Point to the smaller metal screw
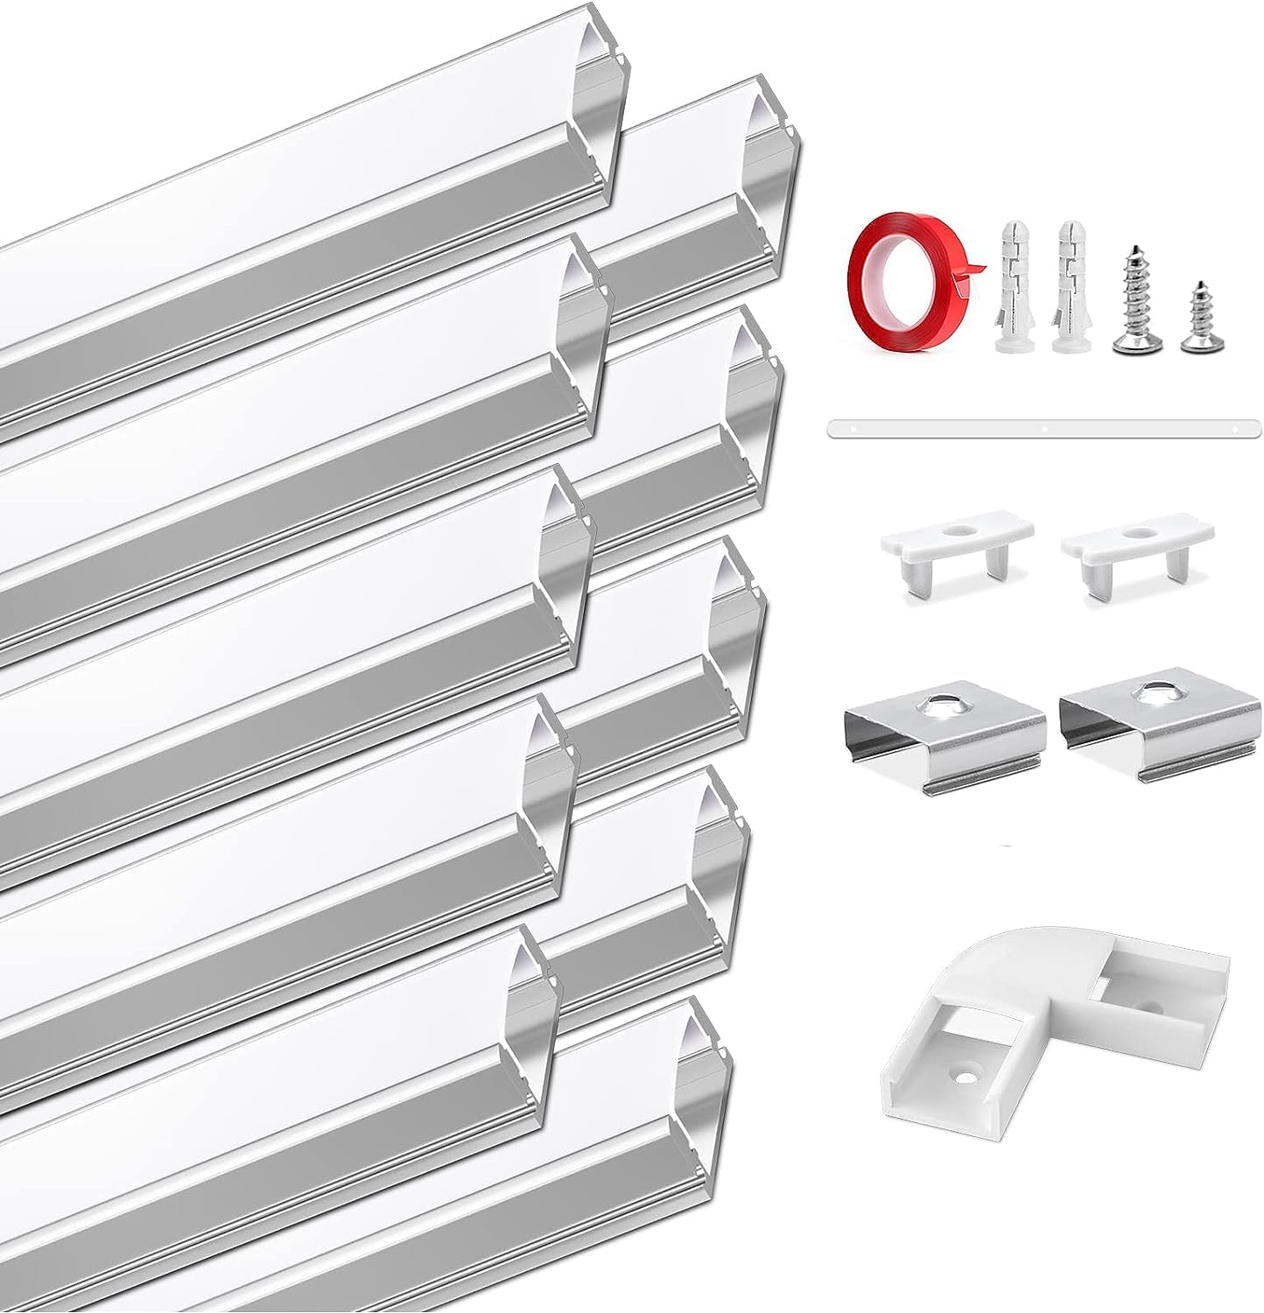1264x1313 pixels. coord(1197,316)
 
